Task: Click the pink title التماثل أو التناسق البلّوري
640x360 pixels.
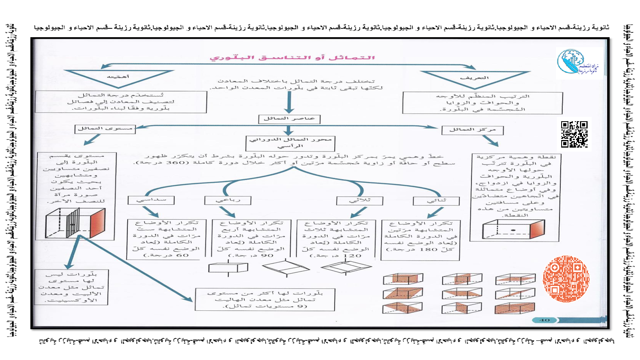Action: click(x=292, y=58)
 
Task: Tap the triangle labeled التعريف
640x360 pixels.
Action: click(x=475, y=78)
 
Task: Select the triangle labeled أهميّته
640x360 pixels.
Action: click(x=118, y=76)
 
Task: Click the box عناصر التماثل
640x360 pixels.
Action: click(x=289, y=119)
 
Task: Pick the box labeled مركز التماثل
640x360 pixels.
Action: click(x=472, y=130)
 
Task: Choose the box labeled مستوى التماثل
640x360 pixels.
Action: click(x=105, y=128)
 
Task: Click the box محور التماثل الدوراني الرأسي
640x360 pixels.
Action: click(x=290, y=143)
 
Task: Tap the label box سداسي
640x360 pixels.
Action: click(x=151, y=200)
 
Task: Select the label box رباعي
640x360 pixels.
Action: click(x=228, y=200)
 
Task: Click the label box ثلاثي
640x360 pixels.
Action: click(x=360, y=200)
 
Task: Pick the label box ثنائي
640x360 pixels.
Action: click(x=436, y=200)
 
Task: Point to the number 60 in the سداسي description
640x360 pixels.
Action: click(x=182, y=255)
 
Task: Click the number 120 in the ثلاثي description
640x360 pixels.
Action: click(x=352, y=256)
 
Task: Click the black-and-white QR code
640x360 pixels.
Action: click(x=574, y=134)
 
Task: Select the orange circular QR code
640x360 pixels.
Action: click(x=566, y=279)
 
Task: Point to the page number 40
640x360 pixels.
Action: click(x=544, y=320)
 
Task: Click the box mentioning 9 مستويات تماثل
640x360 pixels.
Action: click(x=265, y=300)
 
